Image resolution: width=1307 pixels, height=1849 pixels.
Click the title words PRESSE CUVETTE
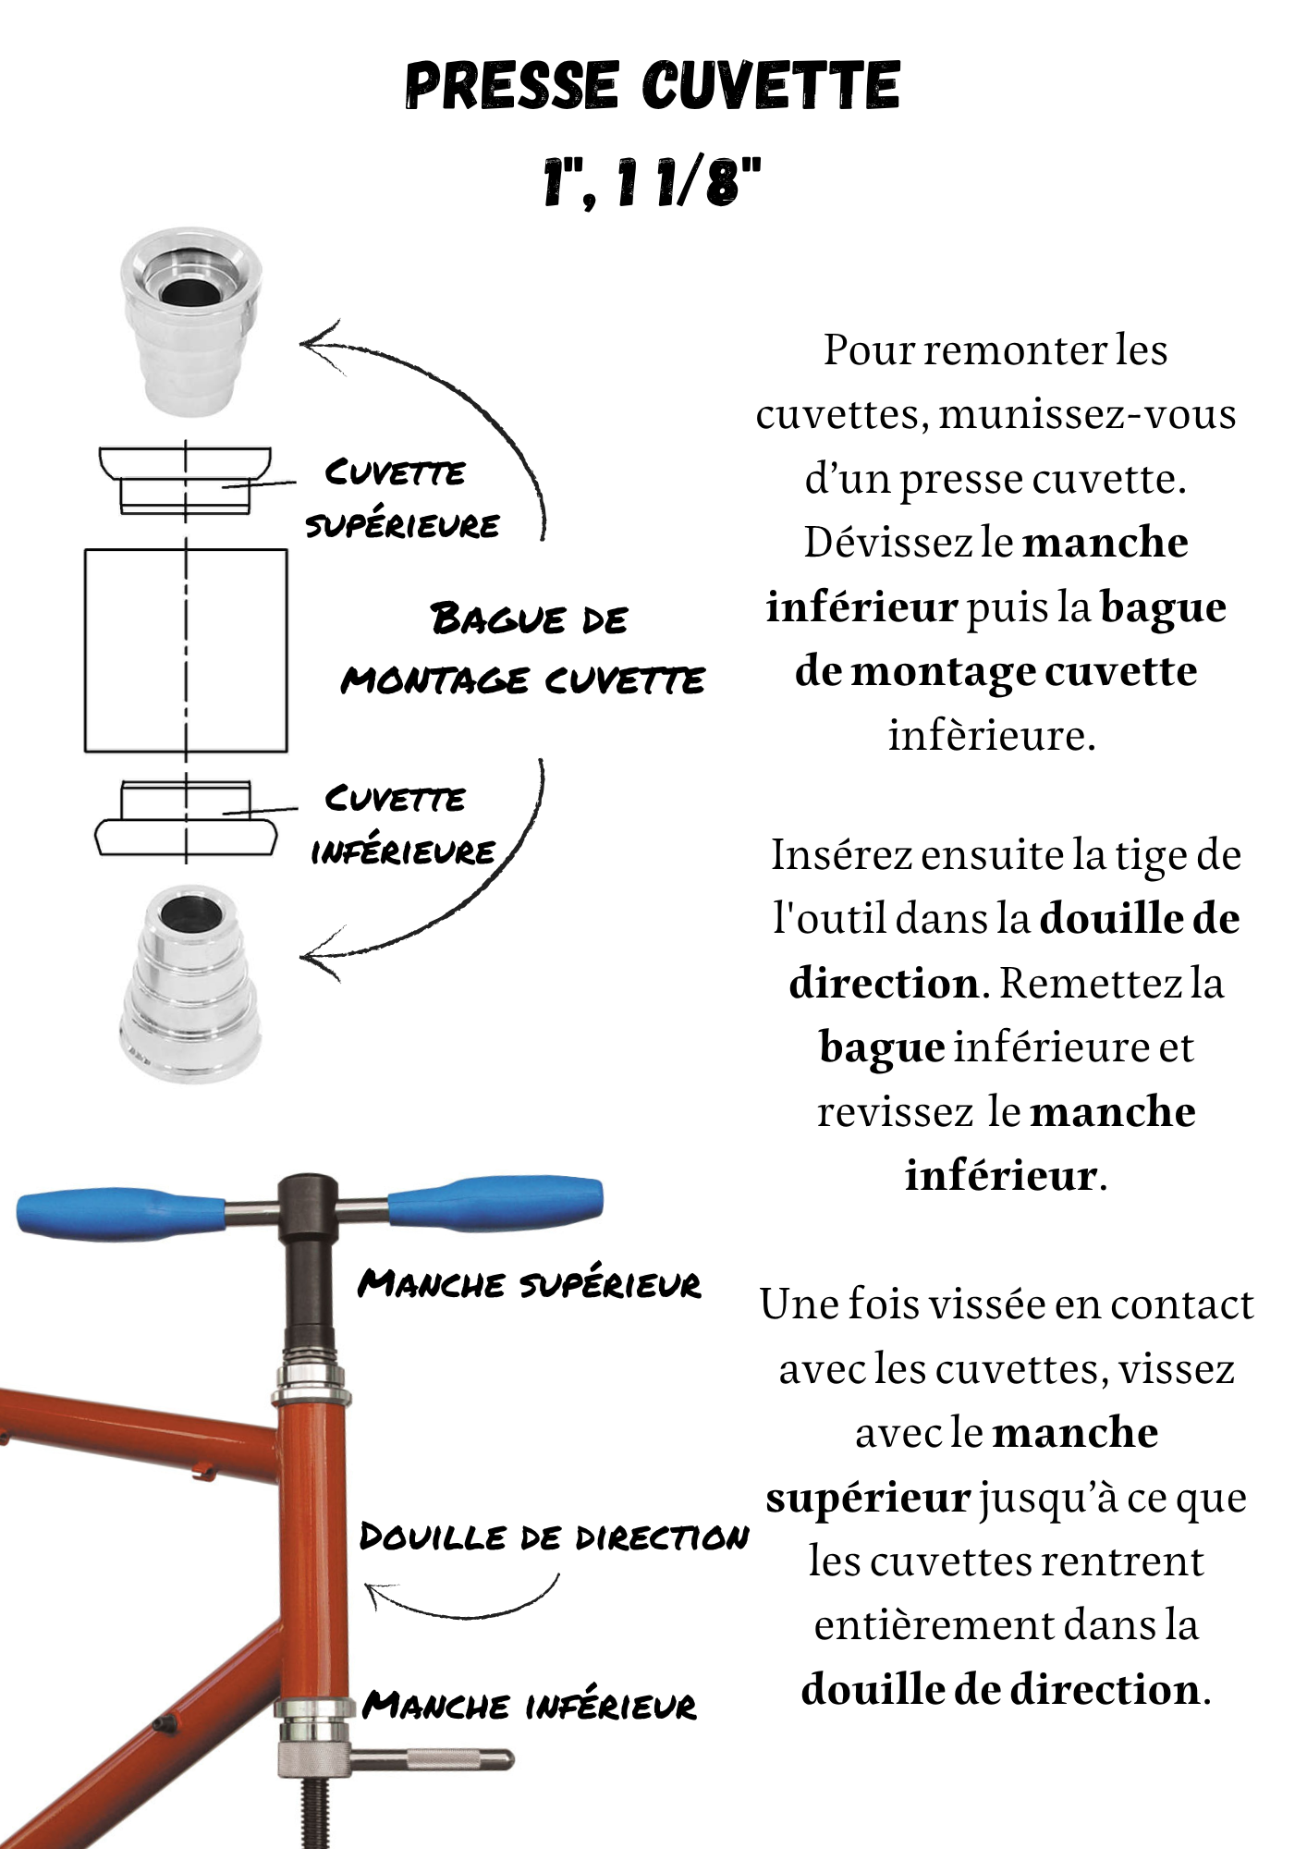pos(653,85)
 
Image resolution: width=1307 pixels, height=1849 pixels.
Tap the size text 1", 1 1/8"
pos(653,181)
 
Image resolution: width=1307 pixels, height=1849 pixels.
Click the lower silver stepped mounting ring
pos(190,985)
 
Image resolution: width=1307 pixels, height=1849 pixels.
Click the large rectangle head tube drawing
pos(186,650)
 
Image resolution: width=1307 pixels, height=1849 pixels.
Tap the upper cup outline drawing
pos(186,479)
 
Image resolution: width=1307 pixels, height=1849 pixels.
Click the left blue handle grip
pos(120,1213)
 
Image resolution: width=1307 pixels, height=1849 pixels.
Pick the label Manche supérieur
pos(529,1283)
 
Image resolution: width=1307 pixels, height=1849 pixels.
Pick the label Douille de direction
pos(553,1537)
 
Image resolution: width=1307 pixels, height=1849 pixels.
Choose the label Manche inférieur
pos(529,1704)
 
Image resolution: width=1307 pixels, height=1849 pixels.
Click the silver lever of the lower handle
pos(434,1759)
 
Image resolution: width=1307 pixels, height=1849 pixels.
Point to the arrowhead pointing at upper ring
pos(314,343)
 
